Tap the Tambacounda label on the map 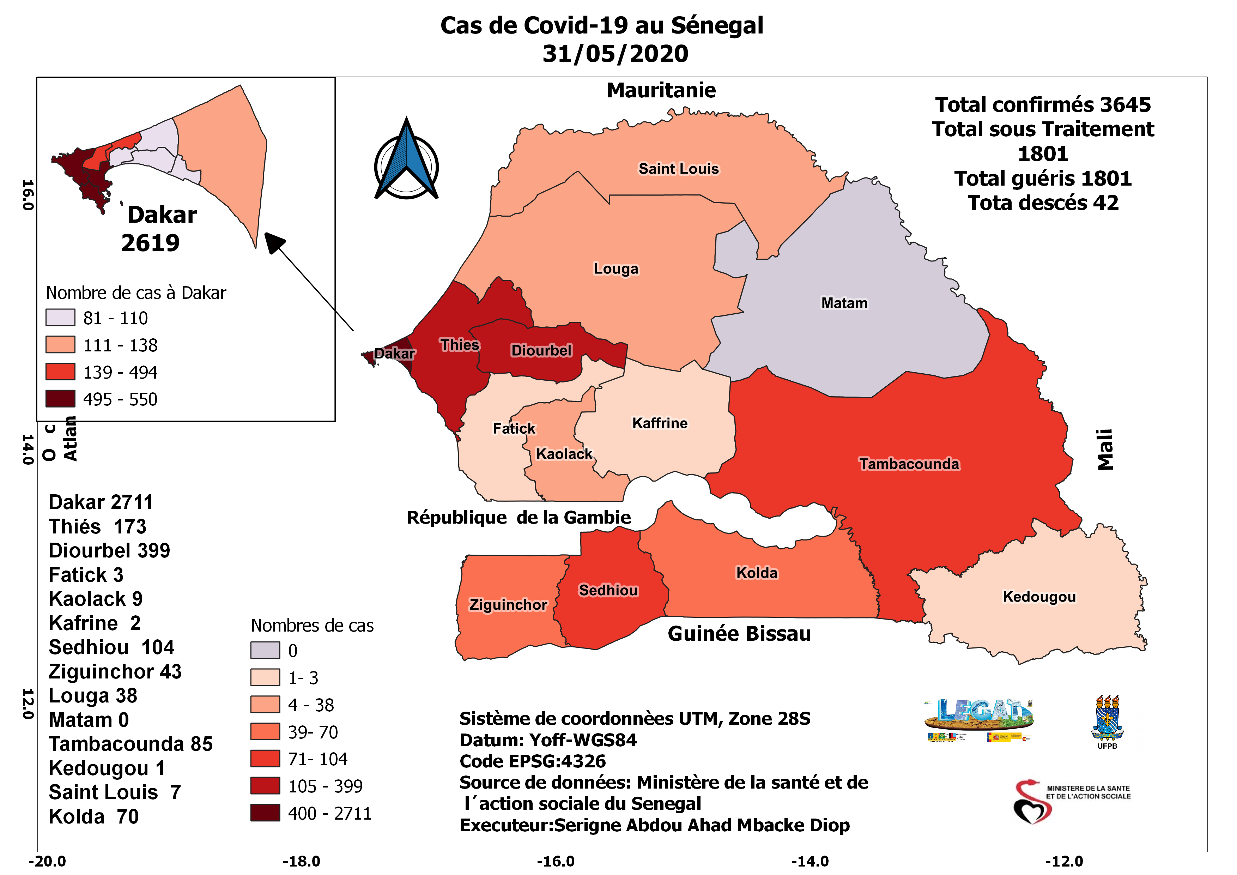(909, 464)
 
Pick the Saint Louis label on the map (678, 169)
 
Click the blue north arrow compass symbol (406, 161)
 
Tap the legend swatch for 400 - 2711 (265, 813)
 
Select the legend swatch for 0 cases (265, 650)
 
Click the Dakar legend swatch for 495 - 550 (60, 399)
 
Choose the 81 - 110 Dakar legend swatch (60, 317)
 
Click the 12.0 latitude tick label (27, 704)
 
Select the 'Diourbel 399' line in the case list (109, 550)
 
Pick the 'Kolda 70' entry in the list (94, 816)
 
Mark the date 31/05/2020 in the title (615, 53)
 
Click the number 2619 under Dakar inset (150, 243)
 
